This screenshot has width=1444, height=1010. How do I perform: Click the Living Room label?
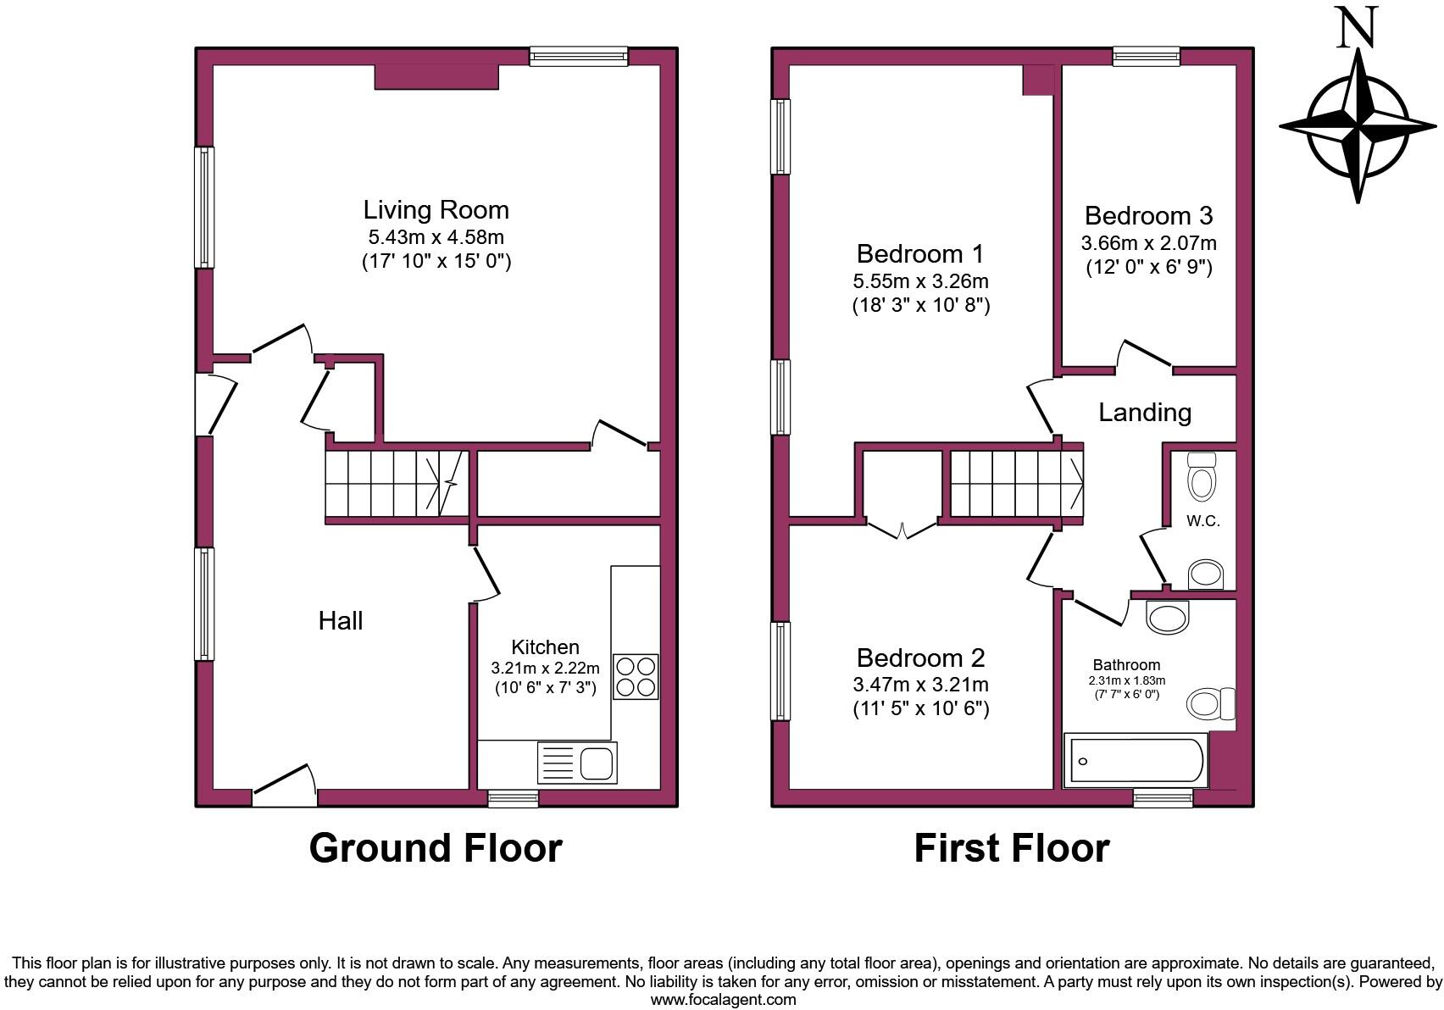pos(436,210)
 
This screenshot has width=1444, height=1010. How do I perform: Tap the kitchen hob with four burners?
pos(636,676)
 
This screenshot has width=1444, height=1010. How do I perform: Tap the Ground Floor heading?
pos(435,848)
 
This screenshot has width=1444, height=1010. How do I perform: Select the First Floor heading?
pos(1011,848)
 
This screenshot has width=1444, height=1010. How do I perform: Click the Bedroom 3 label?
pos(1148,215)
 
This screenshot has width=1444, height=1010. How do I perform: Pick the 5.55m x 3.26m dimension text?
pos(920,280)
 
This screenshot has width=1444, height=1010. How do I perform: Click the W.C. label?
pos(1202,521)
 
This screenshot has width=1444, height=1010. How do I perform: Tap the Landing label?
pos(1144,413)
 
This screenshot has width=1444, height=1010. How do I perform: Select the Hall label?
pos(341,621)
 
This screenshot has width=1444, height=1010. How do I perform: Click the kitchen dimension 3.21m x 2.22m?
pos(545,668)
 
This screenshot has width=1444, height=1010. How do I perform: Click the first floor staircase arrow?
pos(1076,483)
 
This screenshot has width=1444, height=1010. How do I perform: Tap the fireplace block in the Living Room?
pos(436,77)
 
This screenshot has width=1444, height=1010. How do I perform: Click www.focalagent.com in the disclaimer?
pos(723,1000)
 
